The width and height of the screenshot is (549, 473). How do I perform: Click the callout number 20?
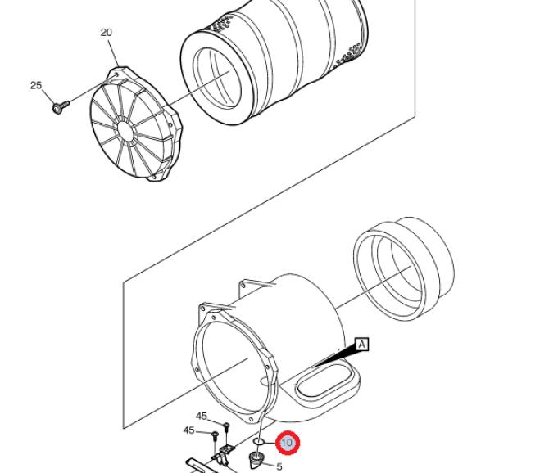coord(106,33)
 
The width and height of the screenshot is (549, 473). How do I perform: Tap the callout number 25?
coord(36,85)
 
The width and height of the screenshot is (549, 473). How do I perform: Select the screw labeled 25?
coord(61,106)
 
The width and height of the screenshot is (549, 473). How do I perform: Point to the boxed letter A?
coord(361,345)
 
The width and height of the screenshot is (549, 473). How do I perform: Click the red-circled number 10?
coord(288,443)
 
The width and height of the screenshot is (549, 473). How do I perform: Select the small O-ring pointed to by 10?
coord(259,442)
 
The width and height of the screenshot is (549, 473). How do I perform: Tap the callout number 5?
coord(279,466)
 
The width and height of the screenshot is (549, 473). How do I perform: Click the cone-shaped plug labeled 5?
coord(256,461)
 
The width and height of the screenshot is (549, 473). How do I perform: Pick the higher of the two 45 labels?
coord(202,416)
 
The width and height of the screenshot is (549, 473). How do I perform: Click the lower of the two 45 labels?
coord(189,430)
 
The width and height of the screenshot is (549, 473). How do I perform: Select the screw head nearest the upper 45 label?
coord(226,425)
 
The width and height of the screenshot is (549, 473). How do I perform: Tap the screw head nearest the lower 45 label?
coord(215,435)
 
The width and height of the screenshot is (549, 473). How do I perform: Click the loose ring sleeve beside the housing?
coord(404,268)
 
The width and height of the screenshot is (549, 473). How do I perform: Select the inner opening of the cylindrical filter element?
coord(217,78)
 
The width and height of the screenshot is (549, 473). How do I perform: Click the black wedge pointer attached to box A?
coord(333,357)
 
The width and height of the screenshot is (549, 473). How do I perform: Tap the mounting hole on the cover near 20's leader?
coord(116,74)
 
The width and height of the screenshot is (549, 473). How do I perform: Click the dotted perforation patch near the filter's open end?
coord(221,24)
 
